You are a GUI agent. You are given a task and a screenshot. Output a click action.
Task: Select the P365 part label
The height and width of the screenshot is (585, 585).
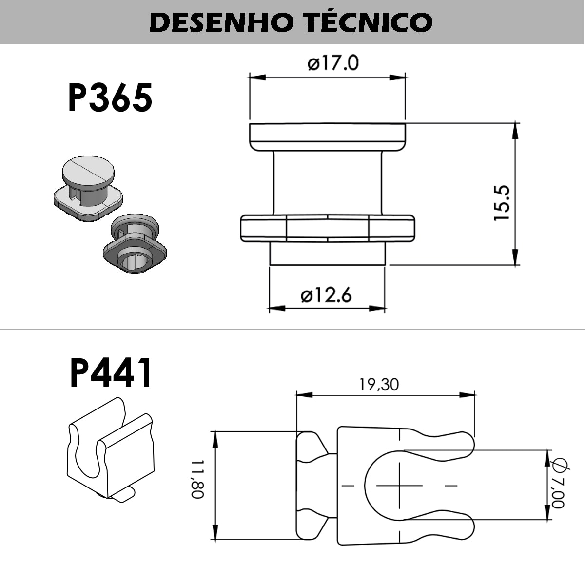[x=110, y=97]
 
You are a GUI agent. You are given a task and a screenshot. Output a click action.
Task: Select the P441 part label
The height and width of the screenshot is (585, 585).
[x=111, y=373]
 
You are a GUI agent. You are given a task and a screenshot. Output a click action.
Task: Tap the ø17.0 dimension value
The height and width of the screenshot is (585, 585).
[x=333, y=63]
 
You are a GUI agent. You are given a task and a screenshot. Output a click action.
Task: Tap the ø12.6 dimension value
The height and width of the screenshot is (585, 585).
[x=326, y=295]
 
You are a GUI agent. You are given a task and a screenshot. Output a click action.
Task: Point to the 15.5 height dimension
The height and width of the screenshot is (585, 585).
[x=502, y=203]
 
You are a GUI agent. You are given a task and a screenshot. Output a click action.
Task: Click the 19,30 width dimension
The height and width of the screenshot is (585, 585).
[x=379, y=385]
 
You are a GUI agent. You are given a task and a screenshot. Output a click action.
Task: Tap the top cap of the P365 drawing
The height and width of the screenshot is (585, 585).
[x=327, y=136]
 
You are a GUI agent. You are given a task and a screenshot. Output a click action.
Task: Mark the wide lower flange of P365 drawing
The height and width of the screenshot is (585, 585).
[x=327, y=228]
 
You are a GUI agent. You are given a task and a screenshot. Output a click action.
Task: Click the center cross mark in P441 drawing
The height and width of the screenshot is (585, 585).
[x=400, y=485]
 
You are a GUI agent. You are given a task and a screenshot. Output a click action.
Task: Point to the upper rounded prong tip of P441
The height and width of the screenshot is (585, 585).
[x=466, y=443]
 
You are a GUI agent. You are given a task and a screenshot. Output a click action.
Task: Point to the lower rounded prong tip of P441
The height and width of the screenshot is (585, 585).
[x=466, y=528]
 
